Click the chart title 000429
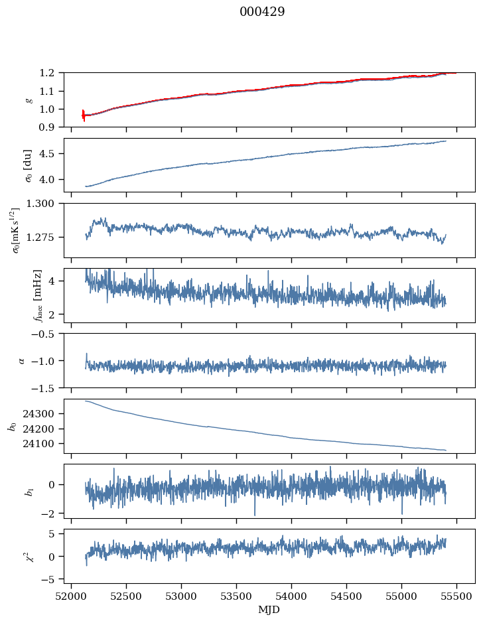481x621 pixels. coord(262,12)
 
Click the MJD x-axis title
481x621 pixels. coord(269,610)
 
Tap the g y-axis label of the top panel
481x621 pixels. coord(28,100)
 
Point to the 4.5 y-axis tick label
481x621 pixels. coord(51,154)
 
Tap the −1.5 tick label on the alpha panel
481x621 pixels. coord(46,387)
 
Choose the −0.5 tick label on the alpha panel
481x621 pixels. coord(46,334)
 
